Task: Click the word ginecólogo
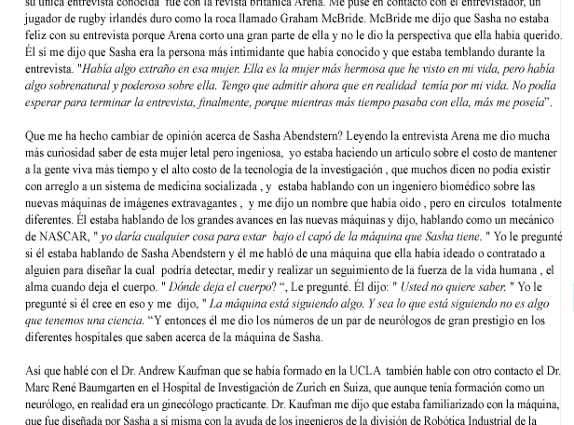point(188,404)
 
